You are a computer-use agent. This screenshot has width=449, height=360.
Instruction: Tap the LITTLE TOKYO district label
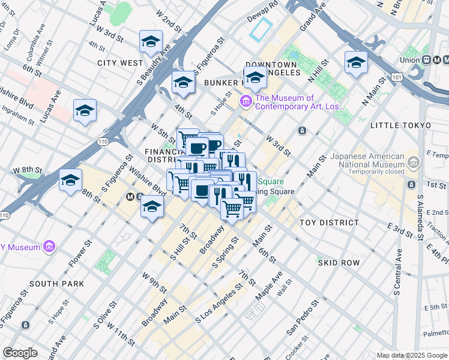pyautogui.click(x=400, y=125)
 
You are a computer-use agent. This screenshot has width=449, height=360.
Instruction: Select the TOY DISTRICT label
pyautogui.click(x=331, y=222)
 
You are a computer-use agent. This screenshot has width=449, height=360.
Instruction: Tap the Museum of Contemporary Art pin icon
pyautogui.click(x=246, y=103)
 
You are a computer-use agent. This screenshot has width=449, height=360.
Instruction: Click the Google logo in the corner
pyautogui.click(x=20, y=353)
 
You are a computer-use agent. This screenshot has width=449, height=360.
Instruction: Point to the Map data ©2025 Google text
pyautogui.click(x=412, y=355)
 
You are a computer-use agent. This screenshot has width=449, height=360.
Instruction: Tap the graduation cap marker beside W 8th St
pyautogui.click(x=70, y=179)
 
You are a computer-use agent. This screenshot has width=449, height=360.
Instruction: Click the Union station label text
pyautogui.click(x=412, y=60)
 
